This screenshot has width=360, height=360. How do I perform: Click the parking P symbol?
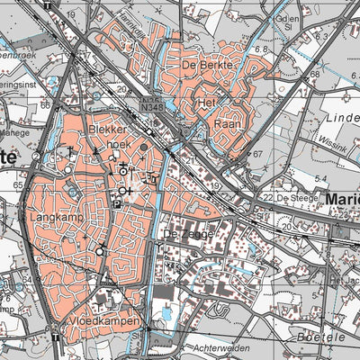point(116,204)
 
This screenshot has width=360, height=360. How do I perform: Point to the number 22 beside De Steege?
point(267,197)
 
